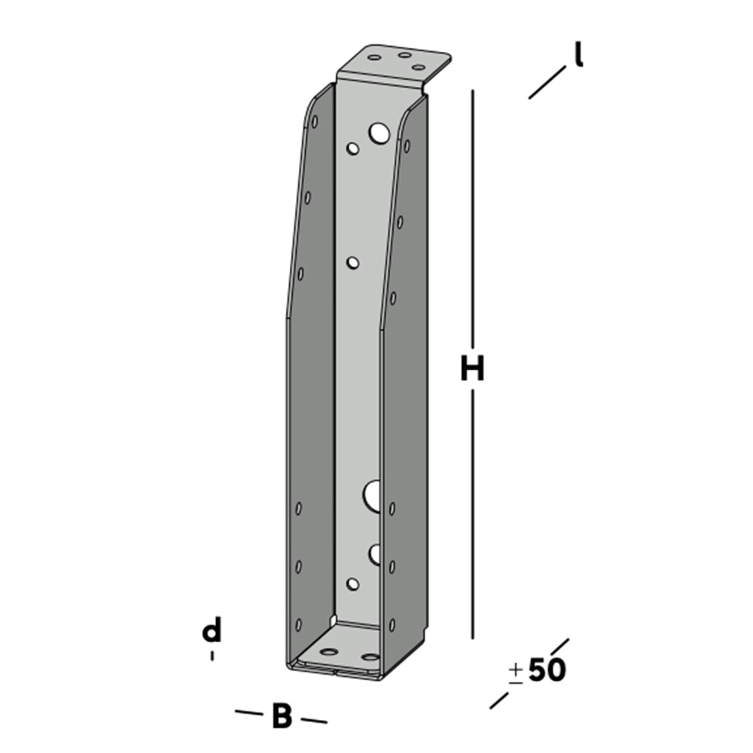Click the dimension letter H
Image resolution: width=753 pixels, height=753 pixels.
[x=473, y=368]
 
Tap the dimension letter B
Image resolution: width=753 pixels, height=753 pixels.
[x=282, y=716]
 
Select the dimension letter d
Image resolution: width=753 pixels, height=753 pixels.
[x=212, y=630]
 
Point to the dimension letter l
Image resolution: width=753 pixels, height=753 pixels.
[x=578, y=53]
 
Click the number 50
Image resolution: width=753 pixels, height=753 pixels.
[x=547, y=669]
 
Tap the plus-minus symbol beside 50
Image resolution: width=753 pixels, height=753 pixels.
[x=516, y=673]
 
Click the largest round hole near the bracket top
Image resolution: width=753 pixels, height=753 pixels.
[x=379, y=133]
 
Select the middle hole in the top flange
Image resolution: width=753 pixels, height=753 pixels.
[x=405, y=55]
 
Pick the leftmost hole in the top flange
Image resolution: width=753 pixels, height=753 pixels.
[x=374, y=58]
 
